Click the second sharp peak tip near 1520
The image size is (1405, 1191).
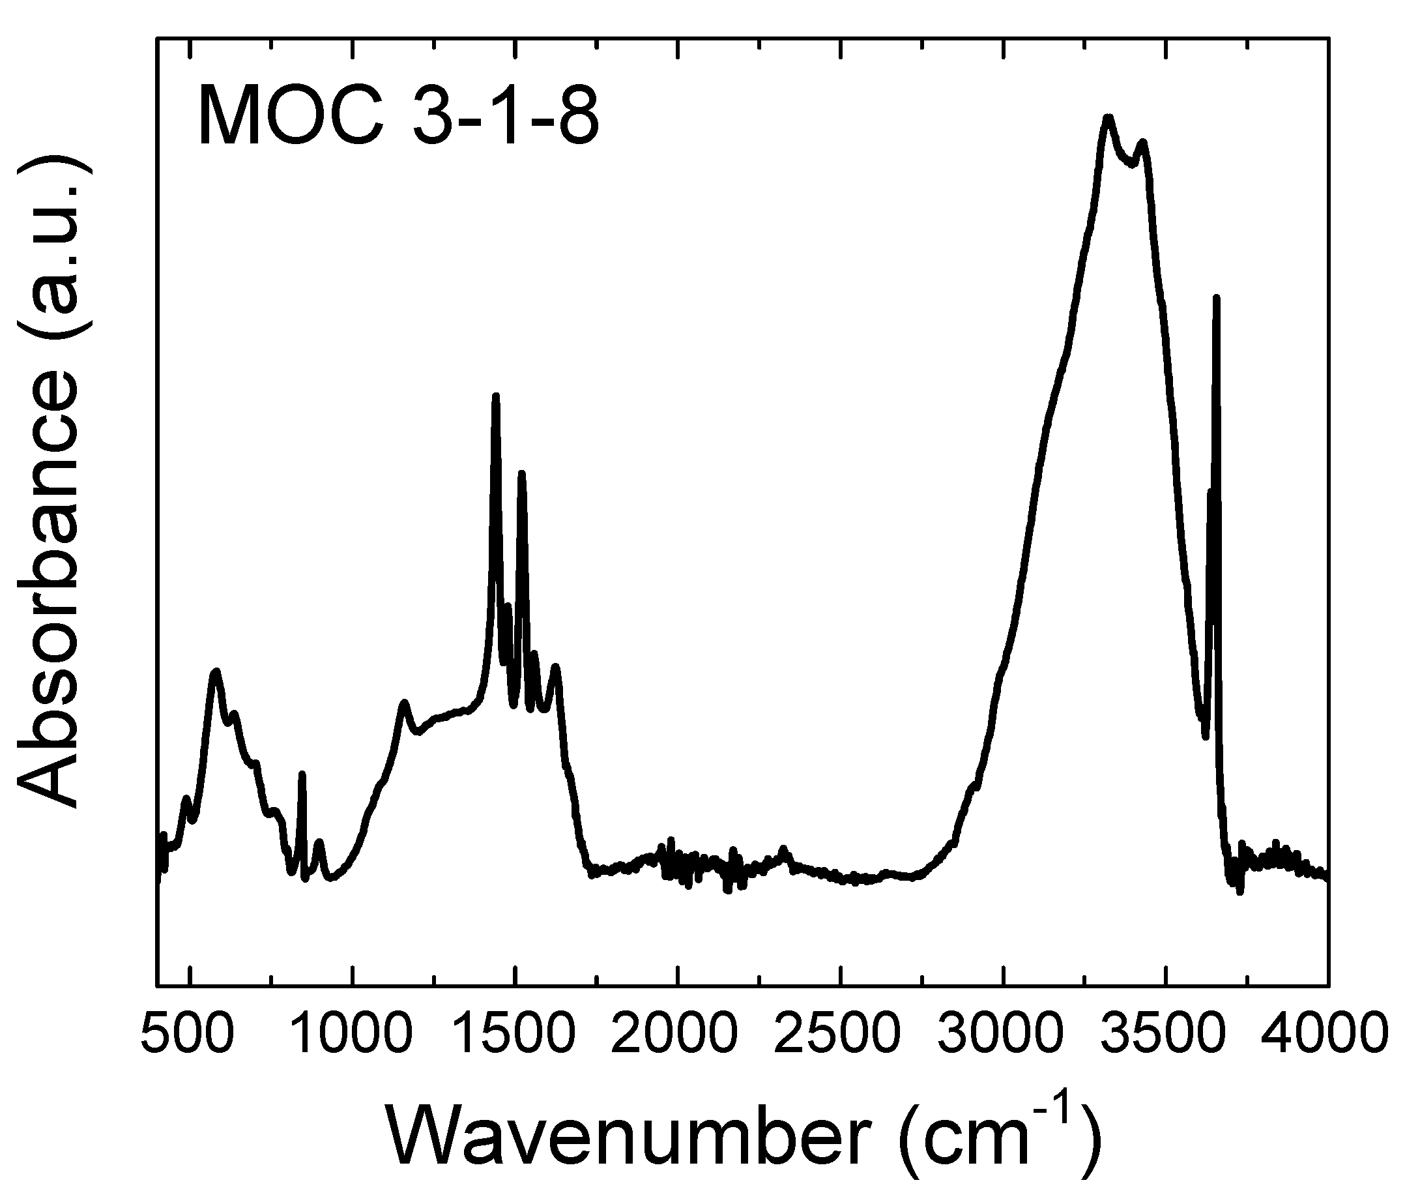point(521,473)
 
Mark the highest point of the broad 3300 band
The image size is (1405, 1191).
point(1107,117)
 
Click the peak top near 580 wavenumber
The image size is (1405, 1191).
point(215,672)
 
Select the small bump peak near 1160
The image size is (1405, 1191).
point(403,703)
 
